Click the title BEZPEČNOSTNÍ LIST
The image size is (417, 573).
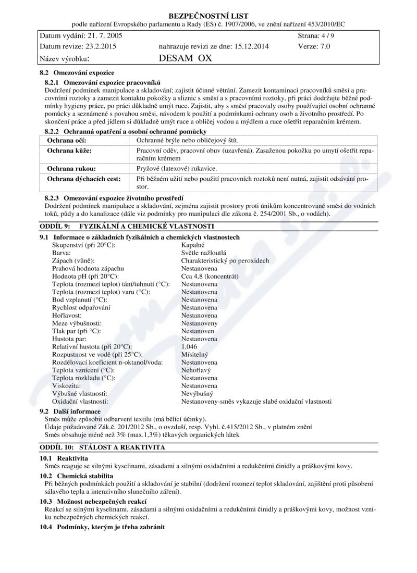click(208, 16)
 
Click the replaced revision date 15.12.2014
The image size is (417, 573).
click(246, 46)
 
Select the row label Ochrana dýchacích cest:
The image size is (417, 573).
click(84, 179)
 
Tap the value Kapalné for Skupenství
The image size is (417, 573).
click(193, 244)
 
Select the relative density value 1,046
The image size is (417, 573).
click(190, 346)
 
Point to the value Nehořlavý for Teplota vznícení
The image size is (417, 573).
click(196, 370)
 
